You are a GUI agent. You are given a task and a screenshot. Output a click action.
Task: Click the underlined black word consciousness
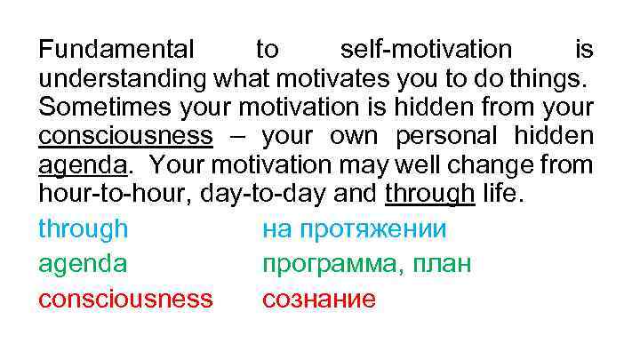point(125,137)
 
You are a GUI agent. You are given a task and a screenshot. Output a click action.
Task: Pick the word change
point(503,166)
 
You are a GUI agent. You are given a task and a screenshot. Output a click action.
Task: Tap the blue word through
point(83,230)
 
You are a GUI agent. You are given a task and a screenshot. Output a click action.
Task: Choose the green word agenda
point(83,265)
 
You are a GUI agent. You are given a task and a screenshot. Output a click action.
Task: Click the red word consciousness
point(125,299)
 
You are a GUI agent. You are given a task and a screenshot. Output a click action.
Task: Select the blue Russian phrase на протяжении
point(354,230)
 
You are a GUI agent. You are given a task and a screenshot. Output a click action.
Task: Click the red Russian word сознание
point(319,299)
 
